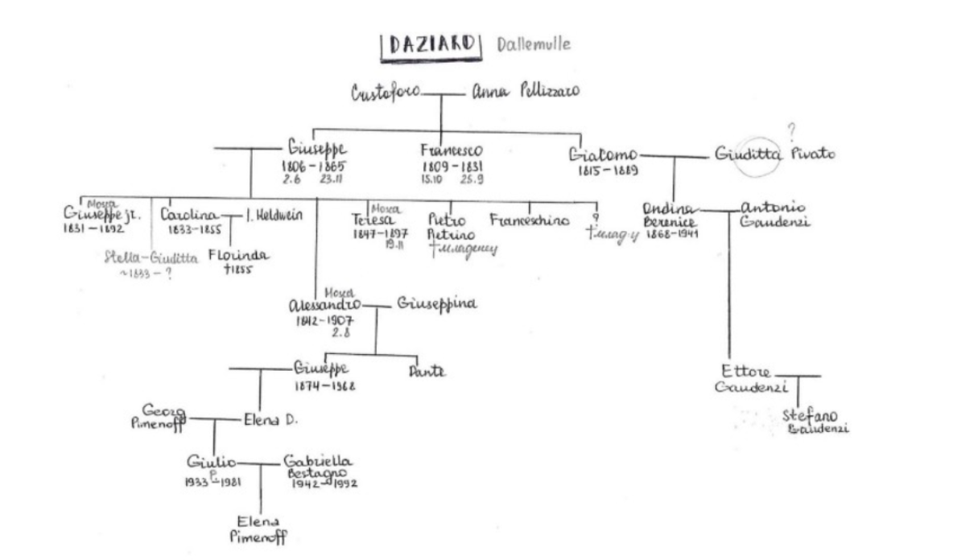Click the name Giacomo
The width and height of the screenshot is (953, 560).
pyautogui.click(x=603, y=154)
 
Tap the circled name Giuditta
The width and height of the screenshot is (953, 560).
pyautogui.click(x=749, y=155)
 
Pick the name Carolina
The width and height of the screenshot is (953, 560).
pyautogui.click(x=190, y=216)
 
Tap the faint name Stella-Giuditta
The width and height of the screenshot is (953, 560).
pyautogui.click(x=151, y=257)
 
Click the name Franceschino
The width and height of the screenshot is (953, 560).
pyautogui.click(x=529, y=219)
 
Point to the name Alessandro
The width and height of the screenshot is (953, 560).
pyautogui.click(x=324, y=306)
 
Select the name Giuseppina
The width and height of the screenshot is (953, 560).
pyautogui.click(x=437, y=304)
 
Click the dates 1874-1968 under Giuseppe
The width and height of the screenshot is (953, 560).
pyautogui.click(x=324, y=385)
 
